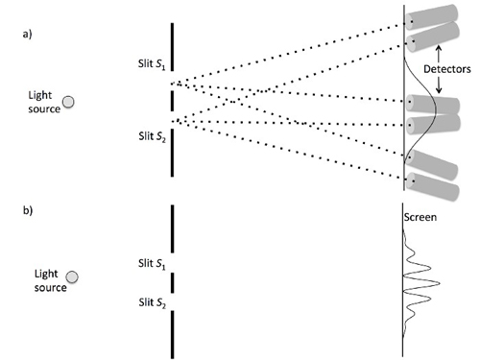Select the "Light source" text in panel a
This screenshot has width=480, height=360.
point(45,103)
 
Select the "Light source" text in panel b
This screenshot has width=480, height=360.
point(50,279)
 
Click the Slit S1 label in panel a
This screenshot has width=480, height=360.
point(151,66)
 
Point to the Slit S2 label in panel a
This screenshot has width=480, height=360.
point(151,134)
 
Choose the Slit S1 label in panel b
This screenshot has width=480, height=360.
point(152,261)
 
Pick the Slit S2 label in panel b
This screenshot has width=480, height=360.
point(152,304)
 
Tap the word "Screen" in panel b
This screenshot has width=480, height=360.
point(420,218)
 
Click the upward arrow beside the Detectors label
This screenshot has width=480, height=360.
point(440,51)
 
